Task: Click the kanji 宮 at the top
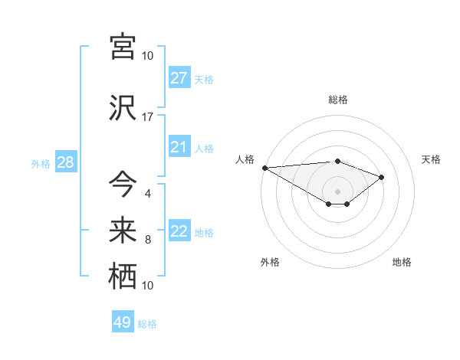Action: tap(123, 47)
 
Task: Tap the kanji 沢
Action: tap(123, 109)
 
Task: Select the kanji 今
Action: tap(123, 184)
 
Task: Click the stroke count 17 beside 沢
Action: tap(148, 117)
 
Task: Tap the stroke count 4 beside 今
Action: tap(148, 193)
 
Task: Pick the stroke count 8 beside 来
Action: tap(148, 239)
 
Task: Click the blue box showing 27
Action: tap(179, 78)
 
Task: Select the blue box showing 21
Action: tap(179, 147)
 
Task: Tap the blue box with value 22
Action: tap(179, 231)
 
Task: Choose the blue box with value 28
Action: tap(65, 162)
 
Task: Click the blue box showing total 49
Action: tap(123, 322)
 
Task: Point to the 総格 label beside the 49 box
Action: tap(148, 324)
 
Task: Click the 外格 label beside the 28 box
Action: tap(41, 163)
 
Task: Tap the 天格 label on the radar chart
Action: tap(432, 159)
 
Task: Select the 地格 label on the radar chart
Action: tap(402, 263)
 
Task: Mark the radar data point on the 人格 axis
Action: tap(264, 168)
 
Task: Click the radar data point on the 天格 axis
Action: tap(382, 177)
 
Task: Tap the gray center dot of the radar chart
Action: tap(337, 191)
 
